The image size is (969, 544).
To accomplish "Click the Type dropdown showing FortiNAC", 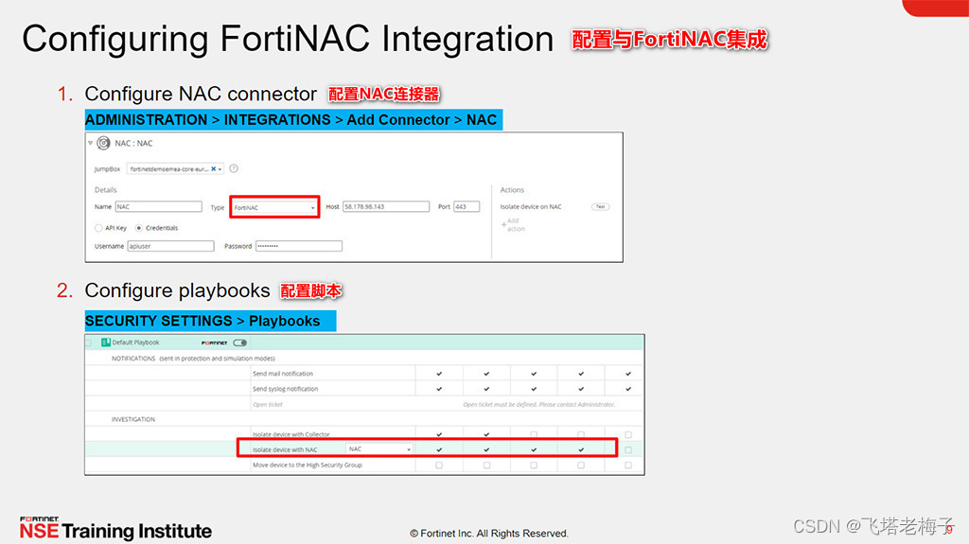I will pos(273,206).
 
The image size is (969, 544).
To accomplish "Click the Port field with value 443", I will pos(466,206).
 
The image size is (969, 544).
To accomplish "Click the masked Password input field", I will pos(297,246).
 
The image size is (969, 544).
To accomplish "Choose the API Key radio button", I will pos(98,228).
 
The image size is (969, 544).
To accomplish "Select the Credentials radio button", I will pos(139,228).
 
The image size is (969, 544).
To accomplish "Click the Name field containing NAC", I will pos(158,206).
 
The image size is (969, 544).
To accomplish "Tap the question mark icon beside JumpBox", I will pos(234,168).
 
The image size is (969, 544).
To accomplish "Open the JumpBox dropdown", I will pos(176,168).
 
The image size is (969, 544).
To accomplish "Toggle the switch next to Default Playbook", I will pos(239,342).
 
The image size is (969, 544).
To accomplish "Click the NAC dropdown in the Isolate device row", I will pos(379,449).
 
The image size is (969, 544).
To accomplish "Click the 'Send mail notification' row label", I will pos(283,374).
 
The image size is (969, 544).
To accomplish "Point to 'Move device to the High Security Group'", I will pos(307,465).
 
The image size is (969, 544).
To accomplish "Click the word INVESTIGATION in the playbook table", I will pos(133,419).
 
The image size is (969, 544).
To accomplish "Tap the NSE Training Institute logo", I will pos(115,529).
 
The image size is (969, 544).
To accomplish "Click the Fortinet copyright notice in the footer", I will pos(489,534).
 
